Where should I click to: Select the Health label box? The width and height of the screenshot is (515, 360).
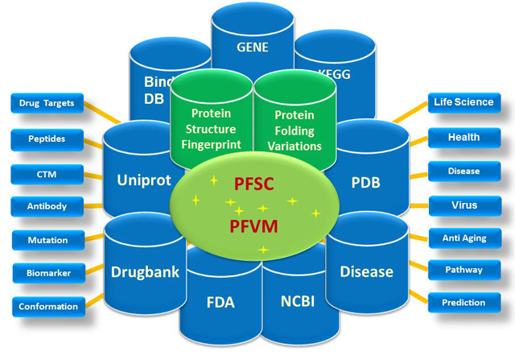[463, 137]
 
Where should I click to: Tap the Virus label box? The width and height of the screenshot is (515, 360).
[463, 205]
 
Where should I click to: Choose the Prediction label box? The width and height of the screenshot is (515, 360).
[463, 303]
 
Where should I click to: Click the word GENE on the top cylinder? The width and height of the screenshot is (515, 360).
[252, 47]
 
